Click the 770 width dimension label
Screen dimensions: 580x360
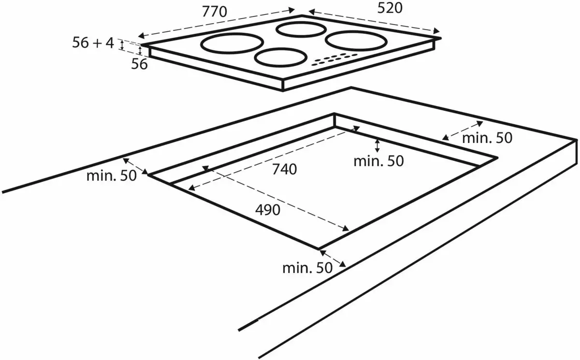(215, 12)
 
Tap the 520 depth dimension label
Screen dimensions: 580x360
(390, 8)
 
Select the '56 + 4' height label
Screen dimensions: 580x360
(93, 43)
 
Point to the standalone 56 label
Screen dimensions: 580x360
(139, 64)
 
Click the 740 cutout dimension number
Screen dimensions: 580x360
(284, 169)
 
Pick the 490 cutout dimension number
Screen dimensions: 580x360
(268, 210)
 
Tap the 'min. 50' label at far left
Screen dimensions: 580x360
(111, 176)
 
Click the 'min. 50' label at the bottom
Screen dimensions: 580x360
(307, 268)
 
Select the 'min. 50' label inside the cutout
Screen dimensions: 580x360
(378, 161)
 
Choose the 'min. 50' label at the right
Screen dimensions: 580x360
(487, 138)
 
